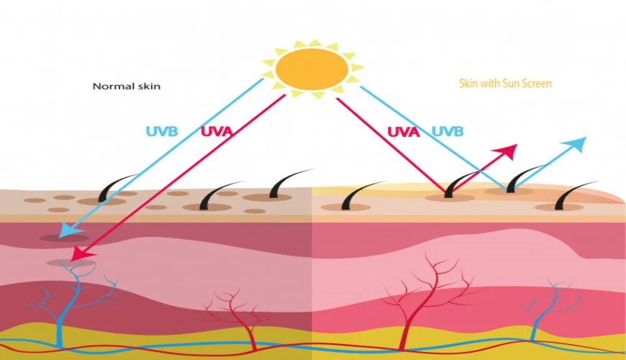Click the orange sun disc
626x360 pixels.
(x=312, y=68)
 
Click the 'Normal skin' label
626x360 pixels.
(x=127, y=86)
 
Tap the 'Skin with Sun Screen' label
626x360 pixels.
(x=505, y=84)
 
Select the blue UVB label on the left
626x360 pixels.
(x=162, y=132)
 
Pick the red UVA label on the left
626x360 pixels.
(x=217, y=132)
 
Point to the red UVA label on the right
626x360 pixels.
(x=403, y=132)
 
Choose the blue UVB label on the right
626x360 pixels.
(x=448, y=132)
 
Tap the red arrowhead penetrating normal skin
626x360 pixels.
(x=83, y=254)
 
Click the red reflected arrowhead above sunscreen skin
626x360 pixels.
(x=507, y=152)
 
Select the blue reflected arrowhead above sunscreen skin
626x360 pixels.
(x=575, y=144)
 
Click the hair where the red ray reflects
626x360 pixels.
(x=459, y=184)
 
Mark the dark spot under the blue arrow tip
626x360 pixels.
(x=64, y=238)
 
